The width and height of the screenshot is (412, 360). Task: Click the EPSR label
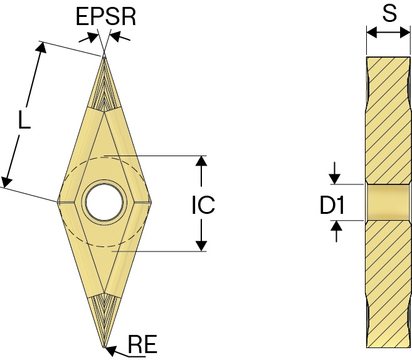[106, 16]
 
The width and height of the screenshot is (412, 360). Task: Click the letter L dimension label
[24, 120]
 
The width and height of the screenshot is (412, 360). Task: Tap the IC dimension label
[203, 204]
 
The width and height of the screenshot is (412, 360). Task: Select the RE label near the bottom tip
[142, 344]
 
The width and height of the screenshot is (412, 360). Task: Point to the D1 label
[332, 205]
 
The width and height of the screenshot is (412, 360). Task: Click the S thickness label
[389, 13]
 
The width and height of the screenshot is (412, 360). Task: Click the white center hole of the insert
[104, 202]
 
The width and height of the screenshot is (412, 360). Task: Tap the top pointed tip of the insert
[104, 56]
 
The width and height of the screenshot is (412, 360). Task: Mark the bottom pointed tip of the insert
[105, 347]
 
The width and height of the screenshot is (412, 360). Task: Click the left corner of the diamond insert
[58, 202]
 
